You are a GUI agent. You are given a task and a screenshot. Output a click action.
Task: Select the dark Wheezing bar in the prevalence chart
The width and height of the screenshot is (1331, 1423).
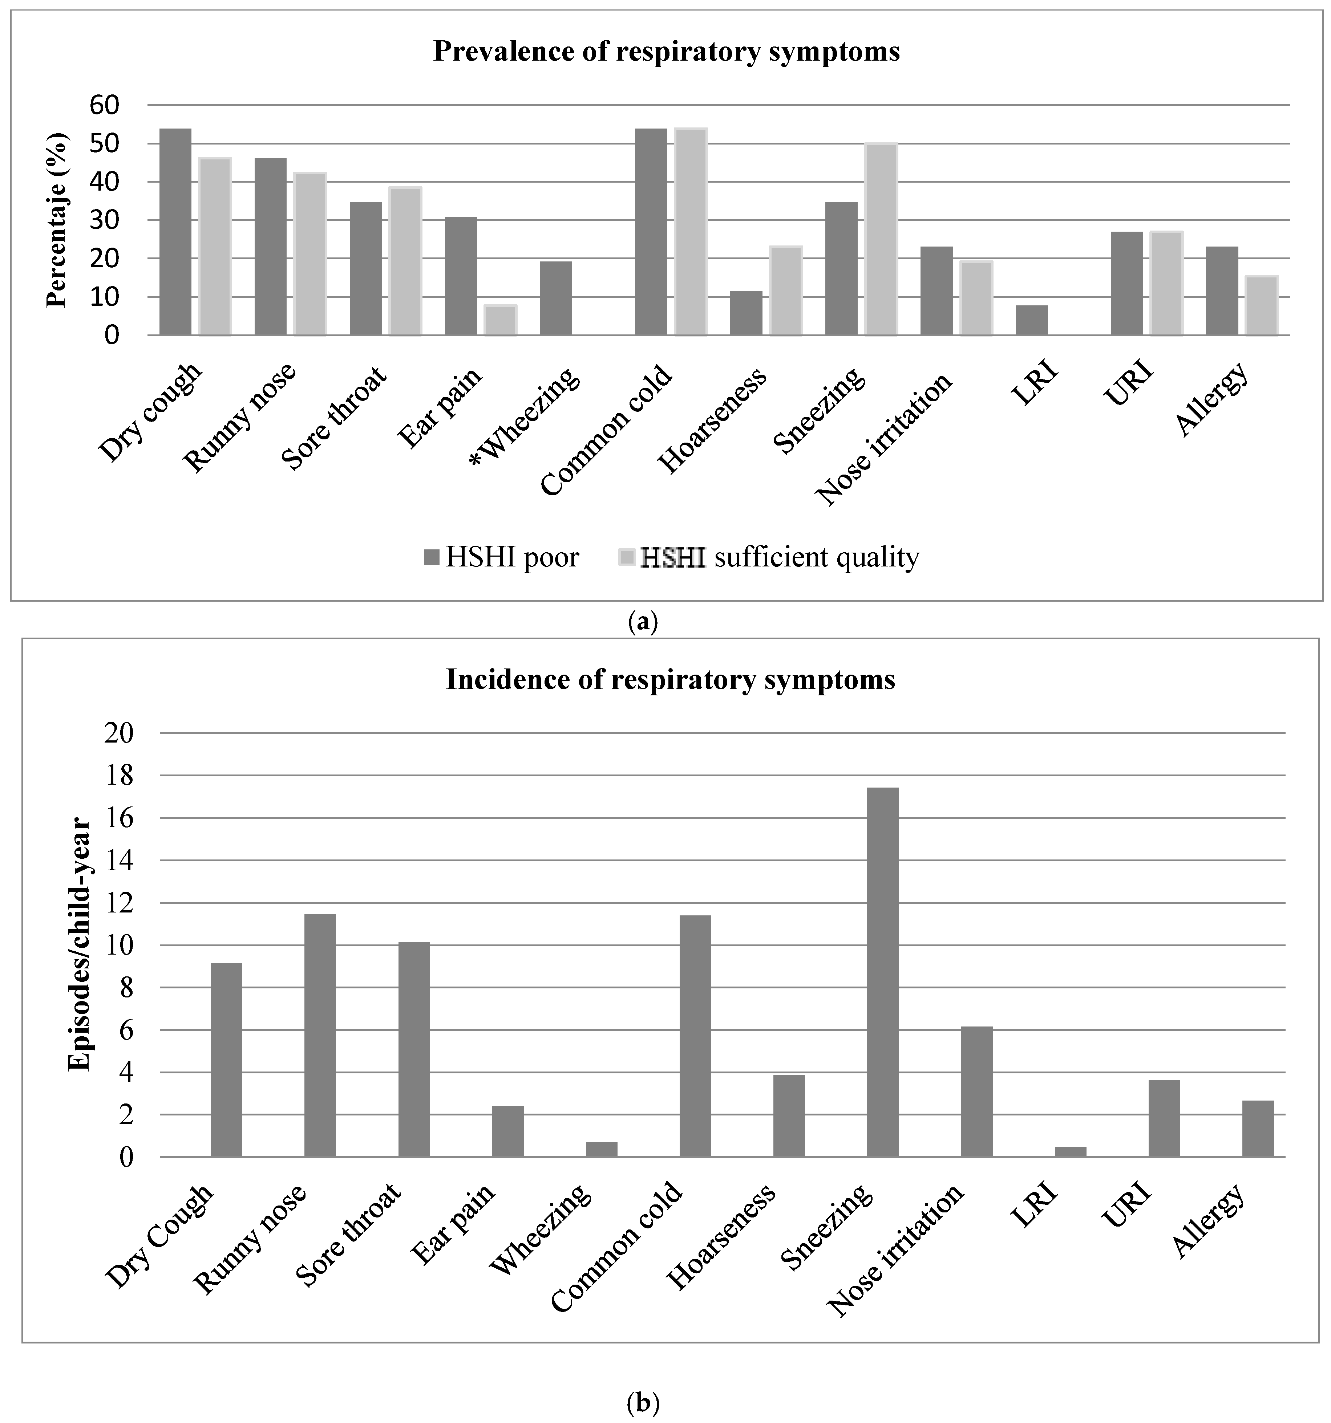pos(555,298)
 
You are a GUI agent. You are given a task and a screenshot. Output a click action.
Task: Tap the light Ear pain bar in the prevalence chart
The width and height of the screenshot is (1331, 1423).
pos(500,320)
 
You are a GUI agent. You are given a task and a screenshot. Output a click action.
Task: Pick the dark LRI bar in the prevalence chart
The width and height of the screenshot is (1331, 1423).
pos(1031,320)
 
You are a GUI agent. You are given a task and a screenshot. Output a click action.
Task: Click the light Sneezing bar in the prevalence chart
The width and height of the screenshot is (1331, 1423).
pos(881,239)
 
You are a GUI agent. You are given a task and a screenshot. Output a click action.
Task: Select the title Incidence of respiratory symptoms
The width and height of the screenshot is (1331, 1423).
pos(670,679)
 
